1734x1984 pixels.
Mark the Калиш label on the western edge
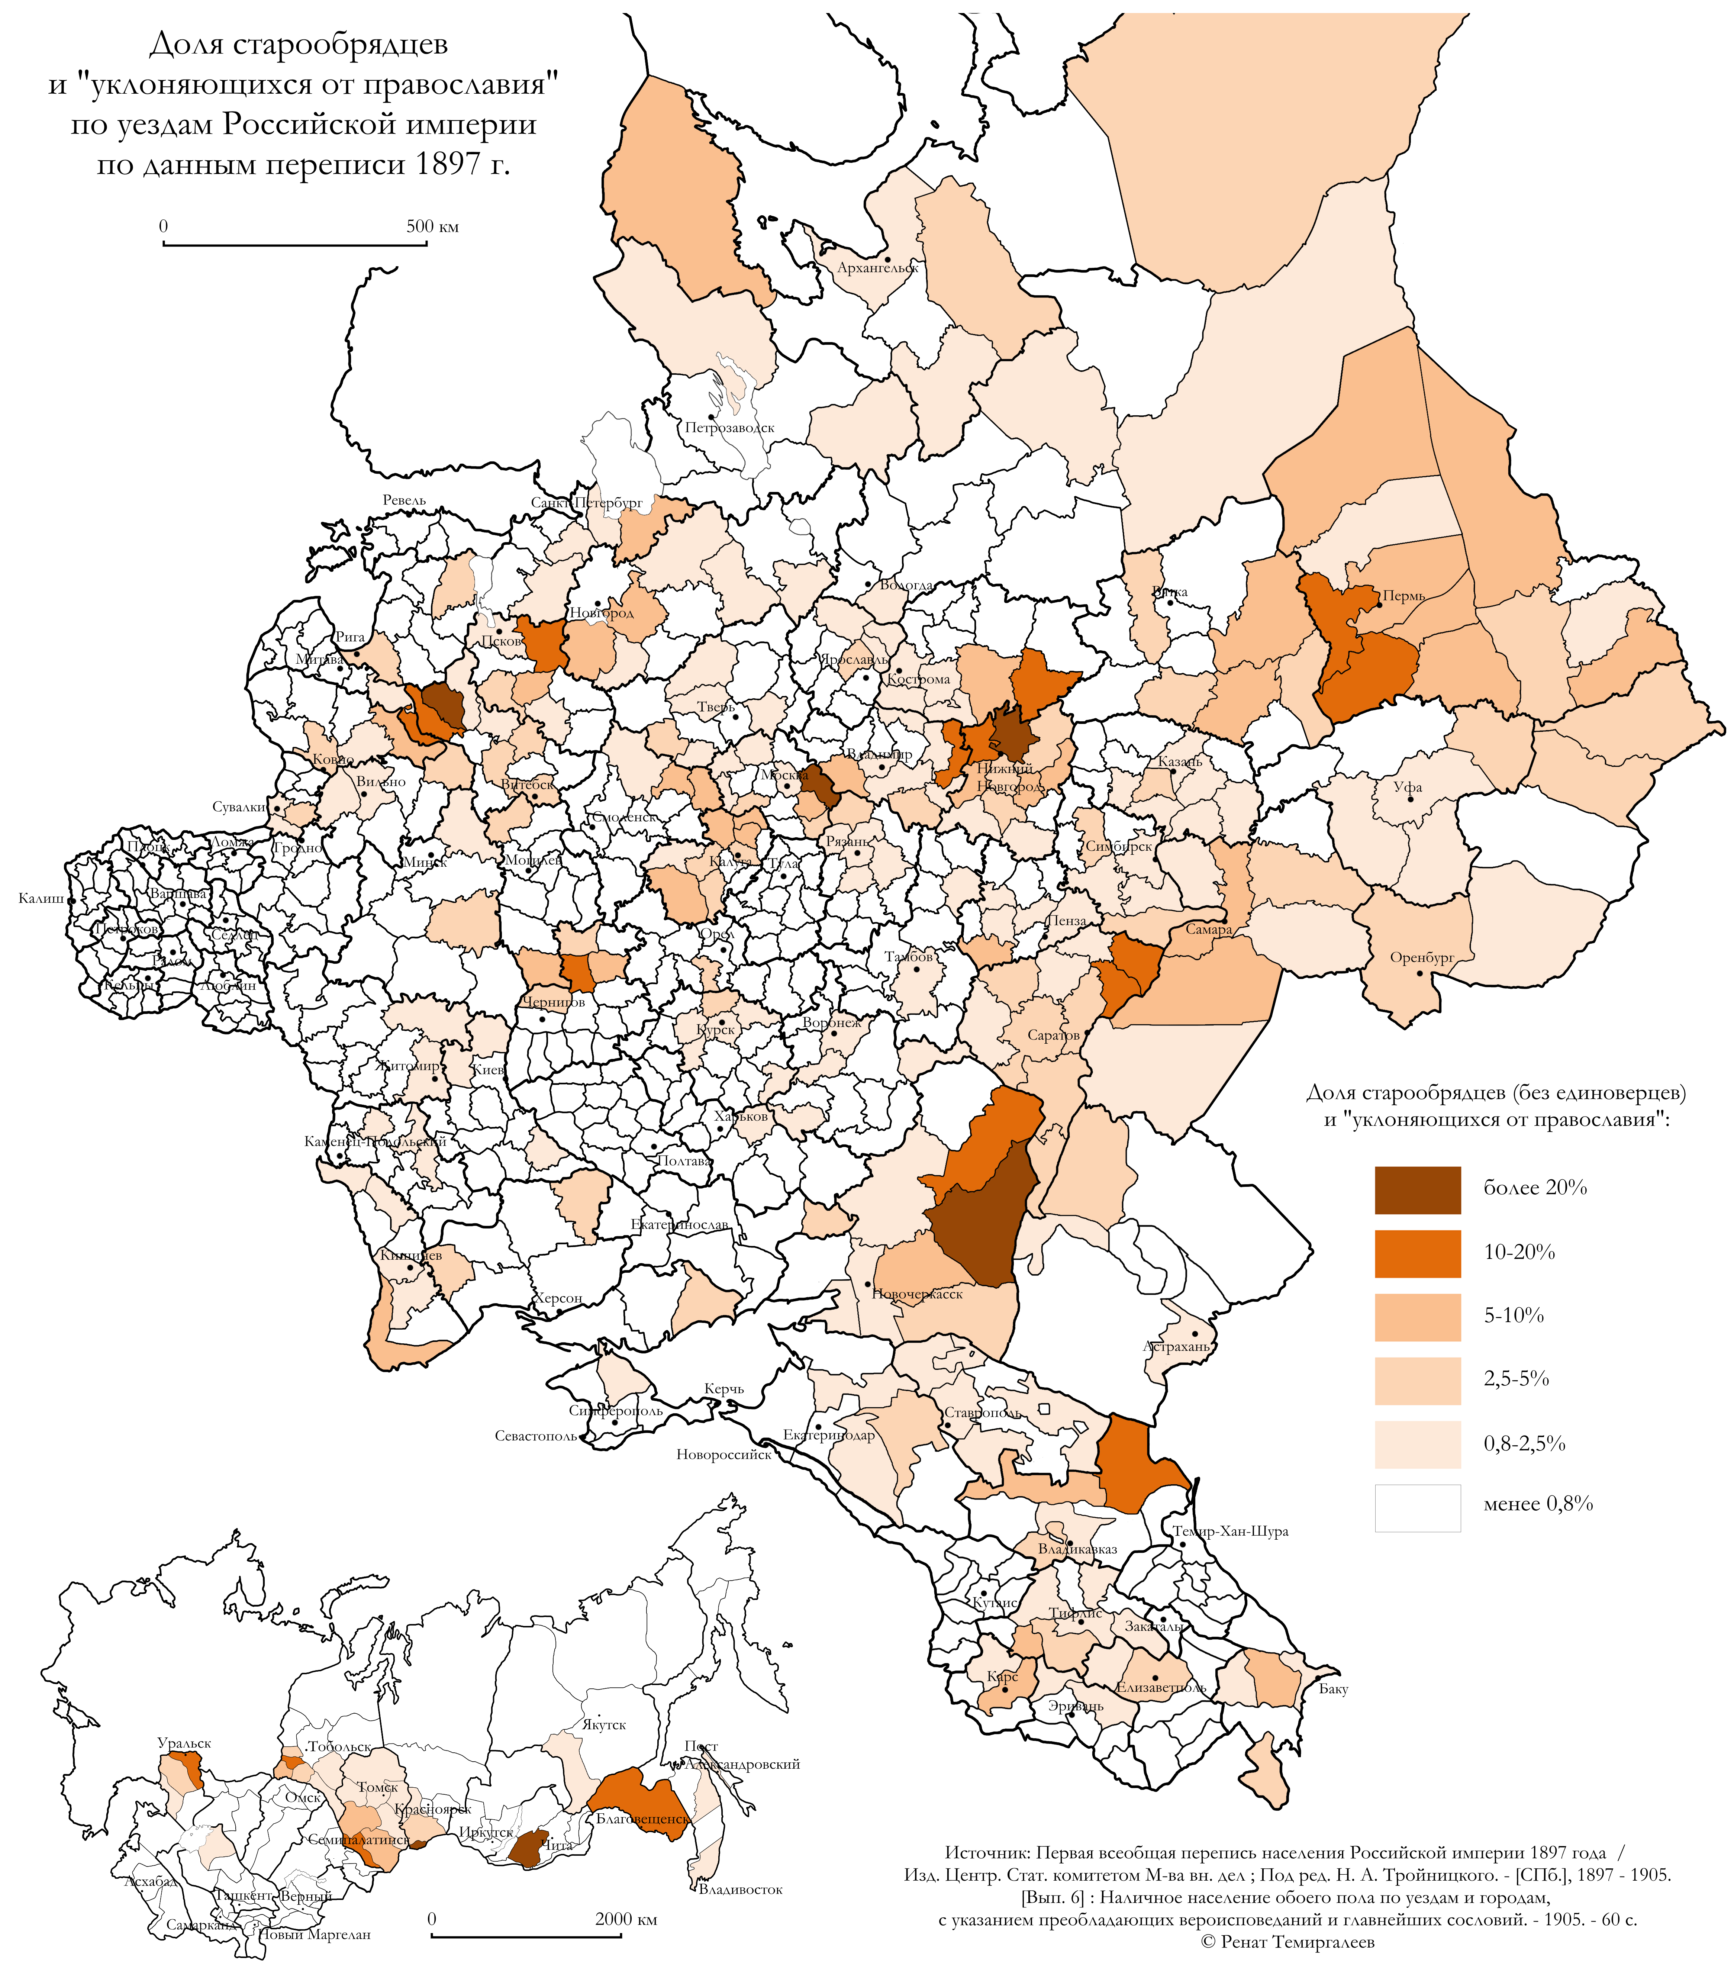coord(41,899)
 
